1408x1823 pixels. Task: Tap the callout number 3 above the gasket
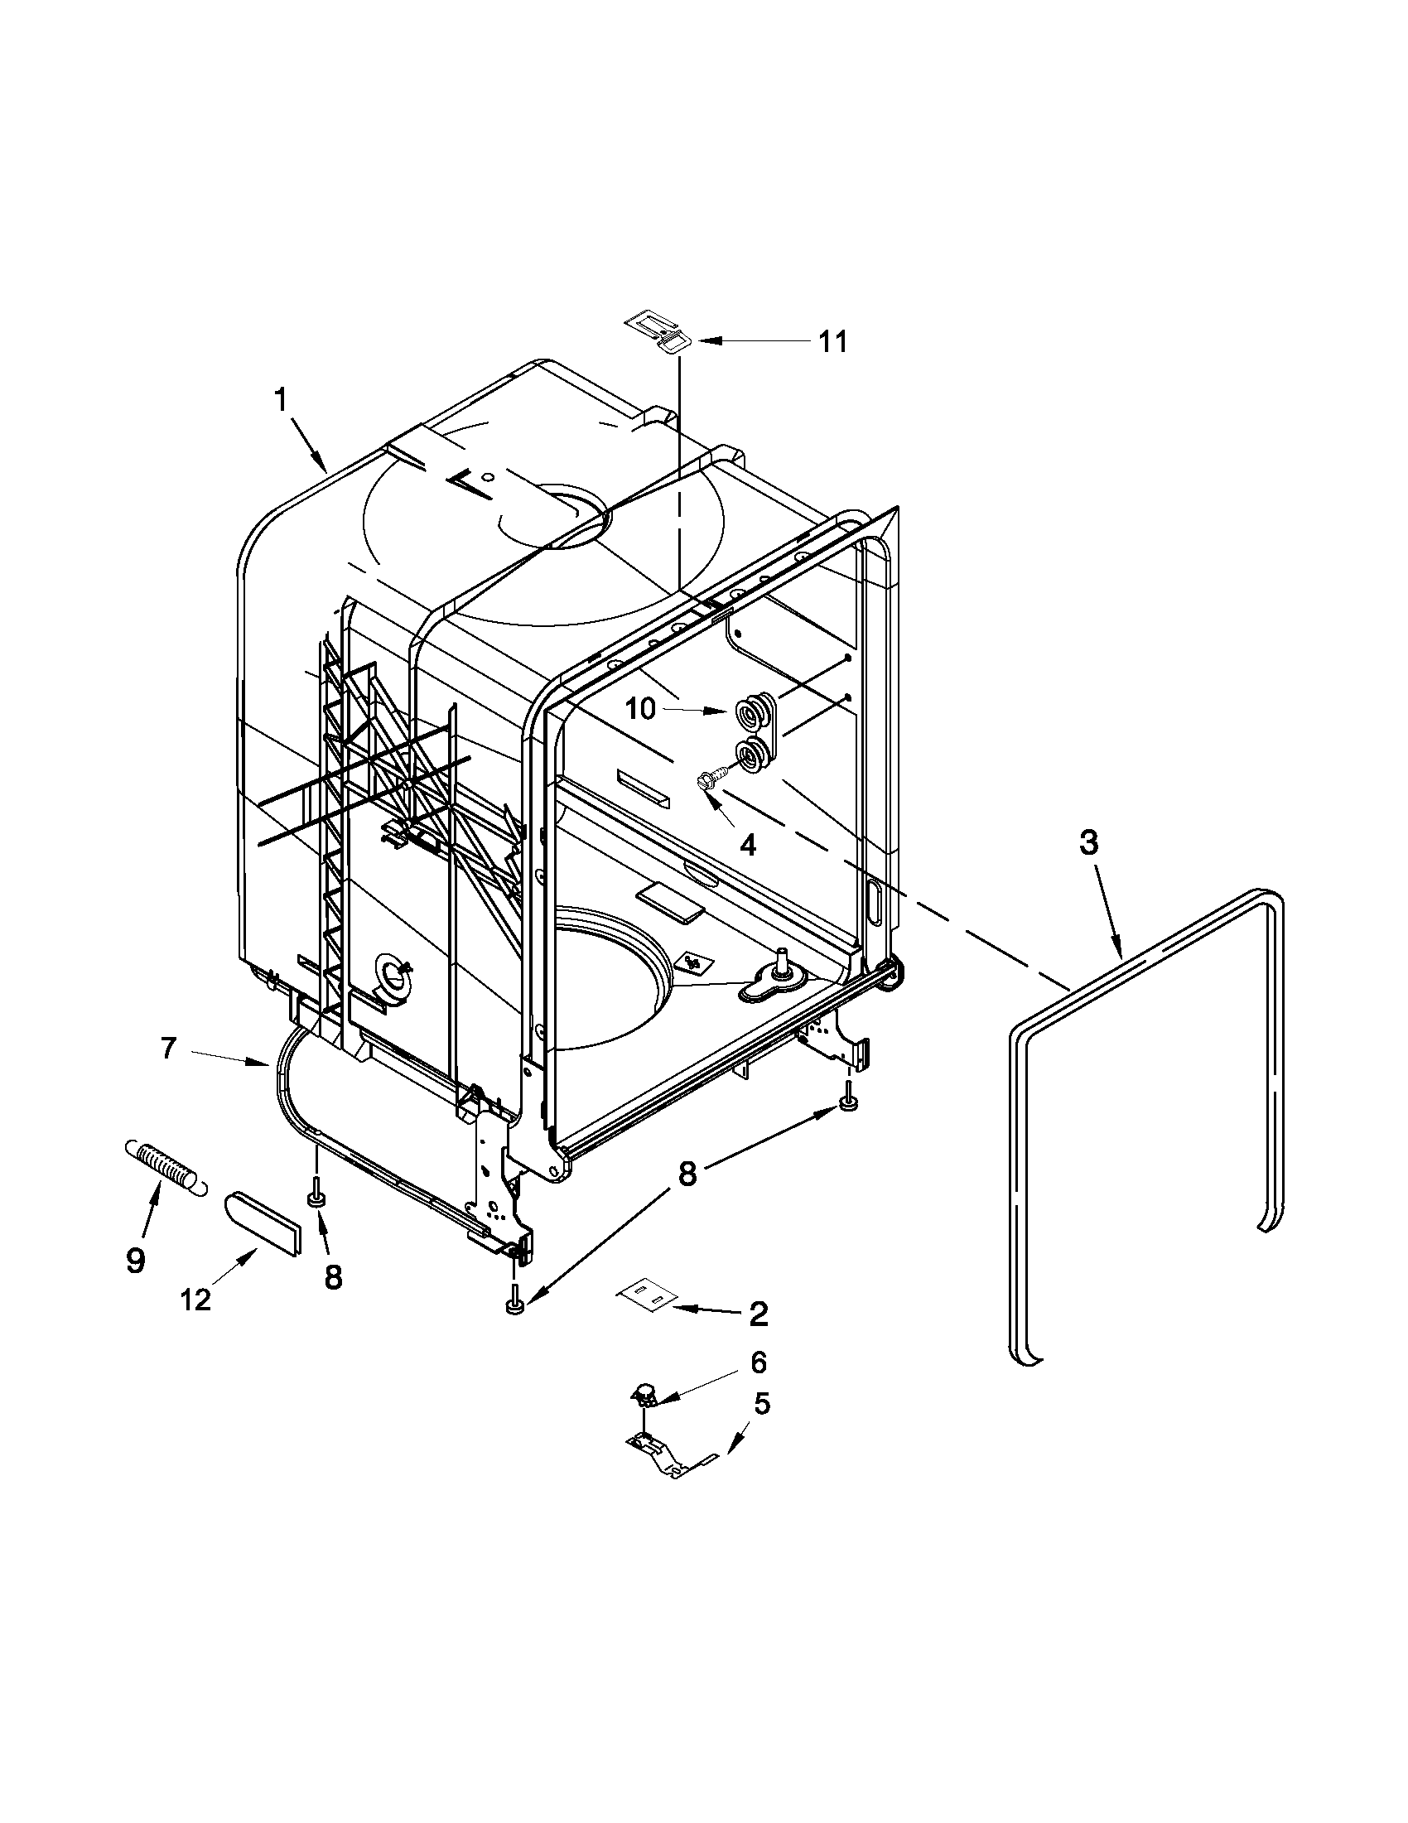pos(1088,843)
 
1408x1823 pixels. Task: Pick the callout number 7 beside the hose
pos(169,1049)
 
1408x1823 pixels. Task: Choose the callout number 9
pos(135,1260)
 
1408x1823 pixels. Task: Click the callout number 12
pos(195,1300)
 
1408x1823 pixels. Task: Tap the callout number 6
pos(758,1362)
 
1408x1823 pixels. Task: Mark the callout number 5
pos(761,1404)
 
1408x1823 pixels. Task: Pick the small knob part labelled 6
pos(644,1391)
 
